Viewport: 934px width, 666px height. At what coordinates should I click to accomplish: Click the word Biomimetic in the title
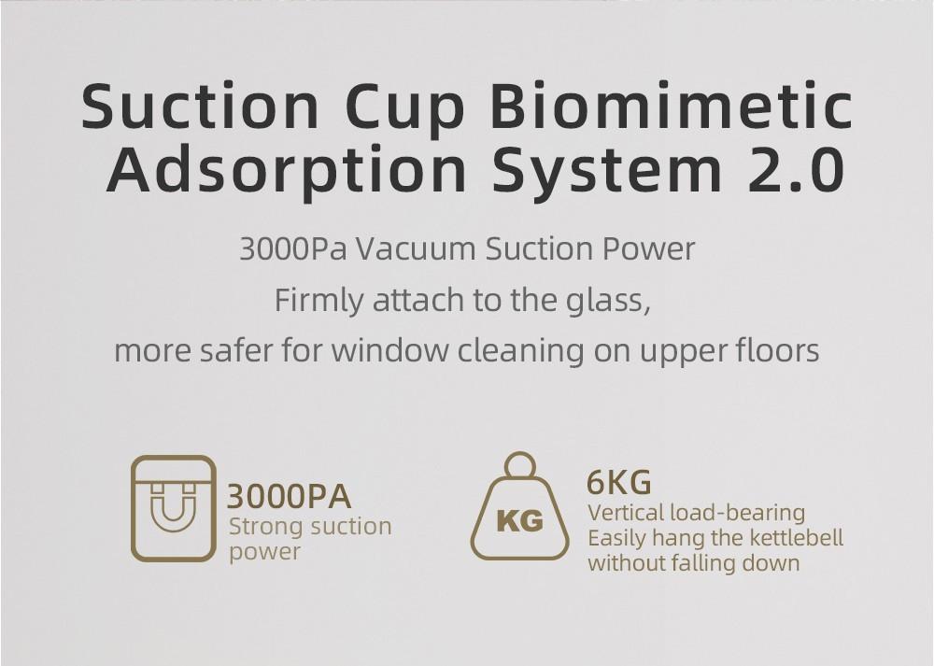click(x=672, y=106)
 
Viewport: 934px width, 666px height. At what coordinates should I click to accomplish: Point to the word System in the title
click(x=610, y=170)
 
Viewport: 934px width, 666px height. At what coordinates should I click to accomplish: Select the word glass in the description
click(x=606, y=301)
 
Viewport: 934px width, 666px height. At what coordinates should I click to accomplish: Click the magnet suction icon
click(x=174, y=508)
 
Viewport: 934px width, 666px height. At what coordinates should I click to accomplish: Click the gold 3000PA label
click(x=290, y=495)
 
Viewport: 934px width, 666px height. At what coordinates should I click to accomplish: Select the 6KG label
click(x=618, y=483)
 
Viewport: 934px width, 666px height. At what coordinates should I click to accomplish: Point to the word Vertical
click(x=626, y=513)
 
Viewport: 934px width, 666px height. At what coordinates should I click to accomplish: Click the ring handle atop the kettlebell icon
click(x=519, y=464)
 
